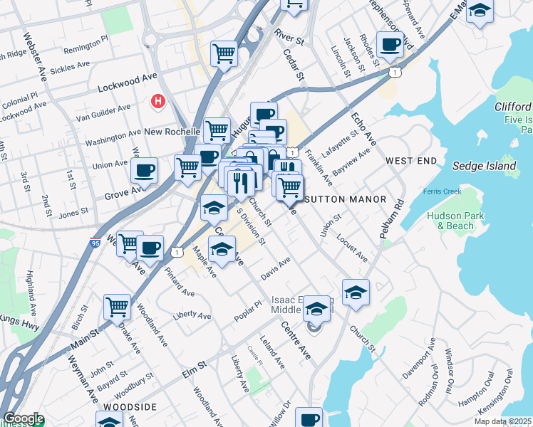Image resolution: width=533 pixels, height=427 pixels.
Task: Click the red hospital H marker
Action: click(158, 102)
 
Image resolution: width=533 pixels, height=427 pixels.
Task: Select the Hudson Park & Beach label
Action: click(451, 221)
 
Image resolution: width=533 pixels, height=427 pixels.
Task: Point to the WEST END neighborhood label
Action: click(411, 162)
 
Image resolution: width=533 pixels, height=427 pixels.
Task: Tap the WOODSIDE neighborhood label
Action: click(129, 406)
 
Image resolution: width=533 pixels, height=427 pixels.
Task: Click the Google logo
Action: click(23, 418)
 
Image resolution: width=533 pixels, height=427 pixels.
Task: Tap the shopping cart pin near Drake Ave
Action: click(117, 307)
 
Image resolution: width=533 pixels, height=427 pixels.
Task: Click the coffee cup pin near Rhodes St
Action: click(390, 45)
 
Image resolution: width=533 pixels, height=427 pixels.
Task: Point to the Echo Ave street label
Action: click(363, 126)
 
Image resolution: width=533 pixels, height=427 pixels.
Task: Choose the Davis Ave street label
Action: click(276, 268)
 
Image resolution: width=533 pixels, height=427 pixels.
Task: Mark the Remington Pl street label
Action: click(86, 43)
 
